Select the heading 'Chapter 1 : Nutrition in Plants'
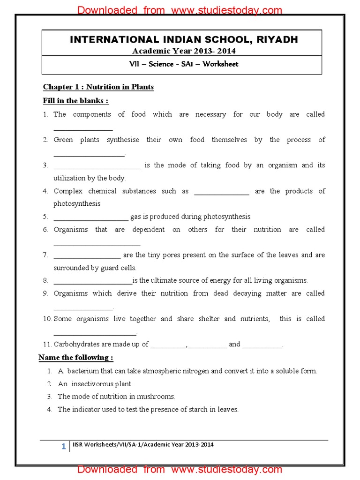(98, 87)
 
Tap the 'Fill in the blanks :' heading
(75, 101)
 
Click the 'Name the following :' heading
(76, 358)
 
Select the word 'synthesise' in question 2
(123, 140)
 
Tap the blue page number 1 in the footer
(64, 447)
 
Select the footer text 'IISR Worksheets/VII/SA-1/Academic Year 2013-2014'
(143, 444)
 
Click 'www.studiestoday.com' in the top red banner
(227, 10)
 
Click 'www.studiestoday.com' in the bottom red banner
(227, 469)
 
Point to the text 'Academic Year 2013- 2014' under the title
(184, 51)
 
